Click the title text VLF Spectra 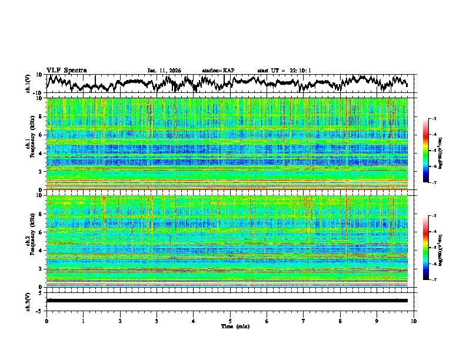[66, 71]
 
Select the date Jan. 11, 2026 [164, 71]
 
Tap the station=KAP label [218, 71]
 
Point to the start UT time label [284, 71]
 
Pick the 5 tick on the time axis [230, 321]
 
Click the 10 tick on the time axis [414, 321]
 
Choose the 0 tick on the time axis [46, 321]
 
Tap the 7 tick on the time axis [304, 321]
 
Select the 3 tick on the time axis [157, 321]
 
